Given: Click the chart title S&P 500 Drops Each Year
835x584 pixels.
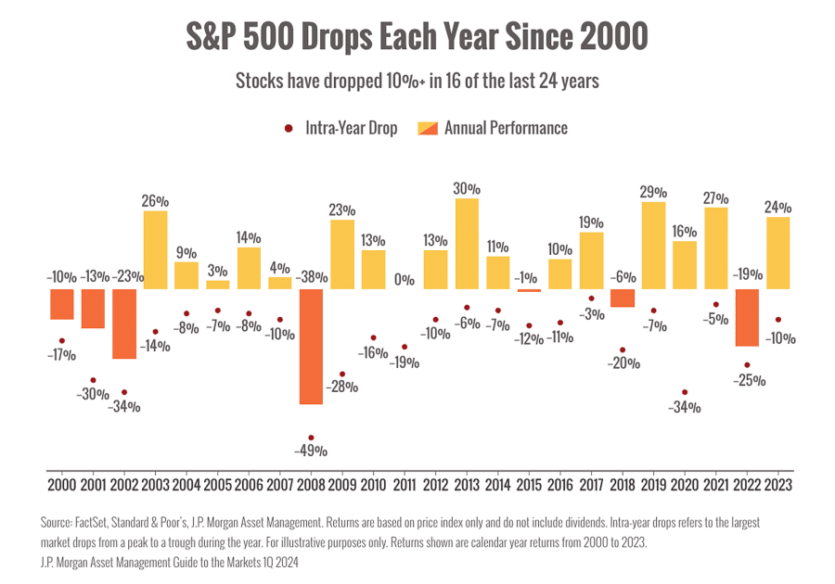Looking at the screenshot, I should (x=417, y=38).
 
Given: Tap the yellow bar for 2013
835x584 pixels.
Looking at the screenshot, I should (x=467, y=243).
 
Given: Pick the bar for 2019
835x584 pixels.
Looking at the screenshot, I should (x=653, y=245).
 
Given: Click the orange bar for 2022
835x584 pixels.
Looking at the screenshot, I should (x=748, y=317).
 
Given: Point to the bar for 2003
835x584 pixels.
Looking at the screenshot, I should (x=155, y=249).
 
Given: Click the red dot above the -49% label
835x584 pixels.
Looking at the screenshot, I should (x=311, y=438).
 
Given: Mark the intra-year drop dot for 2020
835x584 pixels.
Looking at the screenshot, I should (x=685, y=392).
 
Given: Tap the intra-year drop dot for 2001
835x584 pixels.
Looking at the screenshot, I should (x=93, y=380).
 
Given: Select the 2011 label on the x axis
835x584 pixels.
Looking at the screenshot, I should (x=404, y=483).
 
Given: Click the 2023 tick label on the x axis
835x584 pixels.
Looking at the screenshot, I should (x=779, y=483).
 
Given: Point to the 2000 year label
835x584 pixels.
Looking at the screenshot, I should (x=61, y=483).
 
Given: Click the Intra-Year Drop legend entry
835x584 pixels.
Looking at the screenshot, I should (x=351, y=129).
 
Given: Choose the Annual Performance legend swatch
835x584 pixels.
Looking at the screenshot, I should (x=428, y=129).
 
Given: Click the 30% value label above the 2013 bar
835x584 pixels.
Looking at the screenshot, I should (x=467, y=187).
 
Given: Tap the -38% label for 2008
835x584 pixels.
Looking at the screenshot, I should (x=310, y=277).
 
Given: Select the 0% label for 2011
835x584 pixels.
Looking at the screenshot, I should (x=404, y=278).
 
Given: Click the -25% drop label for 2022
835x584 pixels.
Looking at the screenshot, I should (x=748, y=380).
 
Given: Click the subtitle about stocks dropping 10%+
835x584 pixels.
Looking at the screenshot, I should (x=417, y=82).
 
